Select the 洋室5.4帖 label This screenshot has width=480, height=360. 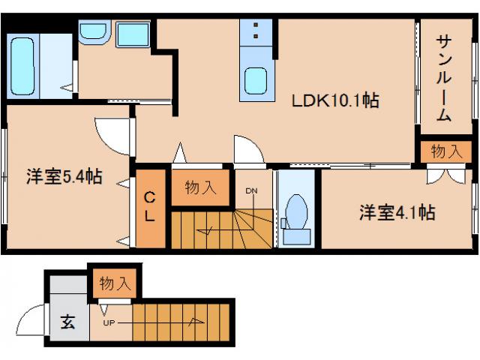coord(64,178)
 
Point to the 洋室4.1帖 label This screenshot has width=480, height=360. coord(396,212)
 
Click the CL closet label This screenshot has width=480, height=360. coord(150,208)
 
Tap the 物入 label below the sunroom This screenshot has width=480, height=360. coord(446,151)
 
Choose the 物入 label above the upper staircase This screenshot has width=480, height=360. coord(200,187)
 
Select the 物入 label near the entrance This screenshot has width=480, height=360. coord(115,283)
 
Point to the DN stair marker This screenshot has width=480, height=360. coord(251,190)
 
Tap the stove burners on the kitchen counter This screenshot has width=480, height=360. coord(256,32)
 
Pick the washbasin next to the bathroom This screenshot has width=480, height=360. coord(94,31)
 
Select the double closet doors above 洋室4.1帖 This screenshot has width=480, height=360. coord(445,175)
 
